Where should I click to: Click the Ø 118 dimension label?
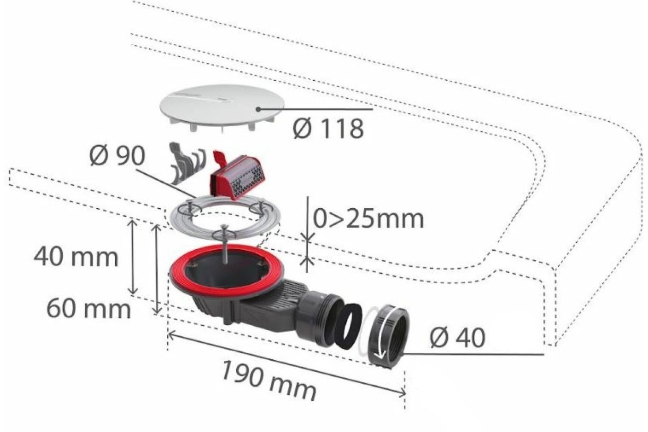click(x=328, y=129)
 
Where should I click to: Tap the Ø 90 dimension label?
click(x=117, y=156)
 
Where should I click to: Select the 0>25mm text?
click(x=368, y=219)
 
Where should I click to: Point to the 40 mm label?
click(x=76, y=257)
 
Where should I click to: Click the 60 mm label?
click(x=89, y=309)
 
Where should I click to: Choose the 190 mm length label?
click(x=269, y=381)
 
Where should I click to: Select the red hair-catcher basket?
click(x=238, y=177)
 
